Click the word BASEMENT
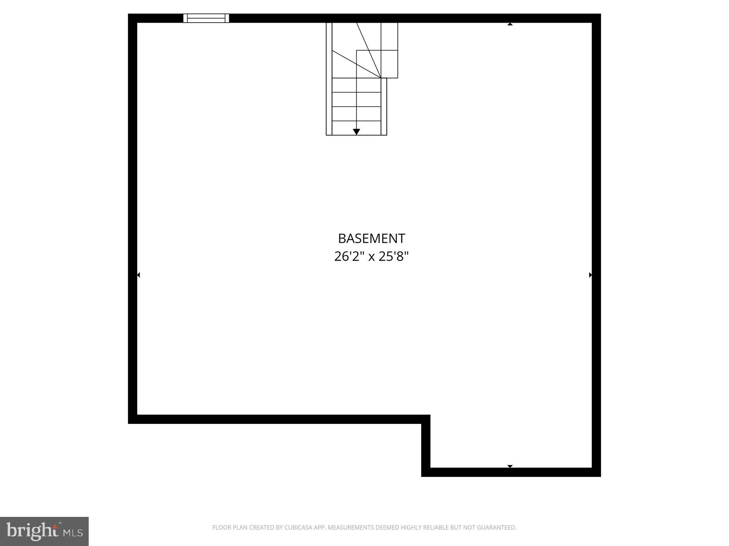[x=371, y=239]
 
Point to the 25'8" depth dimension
[x=394, y=256]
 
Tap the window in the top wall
[x=206, y=18]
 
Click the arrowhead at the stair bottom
[x=356, y=132]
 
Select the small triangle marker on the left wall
[x=139, y=275]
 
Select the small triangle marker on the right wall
[x=590, y=275]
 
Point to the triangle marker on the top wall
[x=510, y=24]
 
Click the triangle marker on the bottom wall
[x=510, y=466]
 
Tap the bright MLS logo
[x=44, y=531]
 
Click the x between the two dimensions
[x=371, y=257]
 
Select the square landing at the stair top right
[x=389, y=64]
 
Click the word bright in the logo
[x=32, y=531]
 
